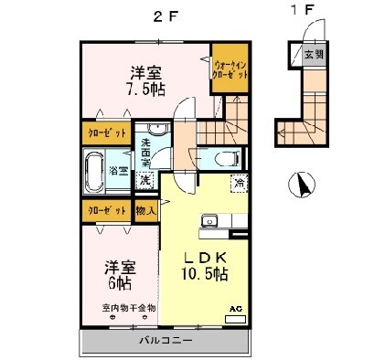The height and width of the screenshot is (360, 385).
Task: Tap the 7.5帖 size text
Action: point(146,90)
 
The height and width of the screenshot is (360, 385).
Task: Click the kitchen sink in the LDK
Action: point(209,220)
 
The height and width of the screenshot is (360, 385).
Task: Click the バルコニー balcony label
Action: point(165,341)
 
